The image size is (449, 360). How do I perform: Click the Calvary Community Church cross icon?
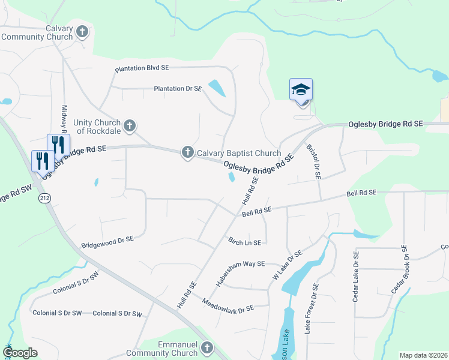click(82, 31)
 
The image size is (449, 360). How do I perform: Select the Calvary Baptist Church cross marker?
click(188, 153)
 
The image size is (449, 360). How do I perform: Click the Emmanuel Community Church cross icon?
click(207, 347)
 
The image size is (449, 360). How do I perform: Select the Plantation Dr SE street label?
click(178, 89)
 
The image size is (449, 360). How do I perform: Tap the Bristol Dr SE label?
click(314, 161)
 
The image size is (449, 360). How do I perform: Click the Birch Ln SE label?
click(244, 242)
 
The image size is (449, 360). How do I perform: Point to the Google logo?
click(20, 353)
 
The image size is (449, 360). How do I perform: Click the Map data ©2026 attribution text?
click(423, 355)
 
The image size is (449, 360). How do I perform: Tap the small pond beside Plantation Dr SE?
click(217, 88)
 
